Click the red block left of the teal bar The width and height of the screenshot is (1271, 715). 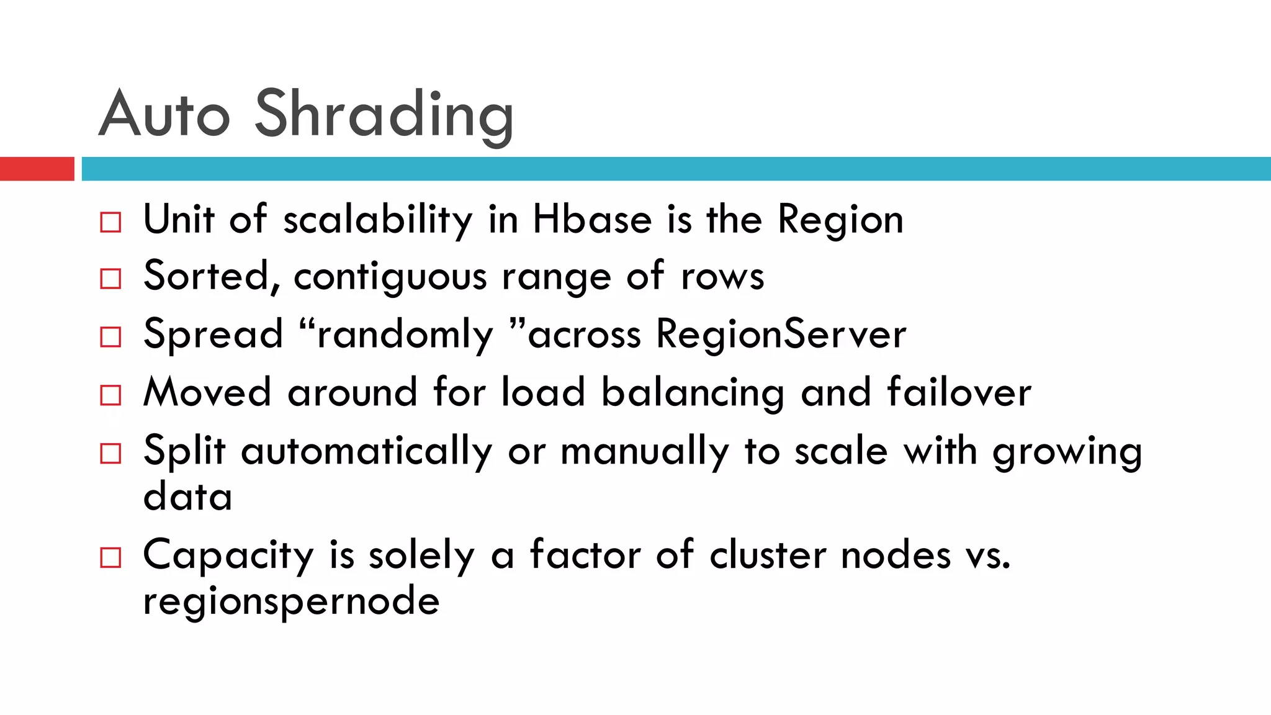pyautogui.click(x=37, y=169)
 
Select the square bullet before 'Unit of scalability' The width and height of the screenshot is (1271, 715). pyautogui.click(x=110, y=222)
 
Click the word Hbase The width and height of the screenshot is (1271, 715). pyautogui.click(x=592, y=220)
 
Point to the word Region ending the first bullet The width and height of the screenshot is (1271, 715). pyautogui.click(x=840, y=221)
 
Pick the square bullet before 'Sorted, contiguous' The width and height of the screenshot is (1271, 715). pyautogui.click(x=110, y=279)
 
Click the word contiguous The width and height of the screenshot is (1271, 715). pyautogui.click(x=390, y=277)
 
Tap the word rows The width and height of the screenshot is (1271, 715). pyautogui.click(x=722, y=277)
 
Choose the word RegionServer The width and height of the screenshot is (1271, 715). pyautogui.click(x=781, y=335)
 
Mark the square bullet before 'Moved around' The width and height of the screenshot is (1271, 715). pyautogui.click(x=110, y=395)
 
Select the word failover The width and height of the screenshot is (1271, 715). pyautogui.click(x=959, y=392)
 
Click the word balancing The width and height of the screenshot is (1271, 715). pyautogui.click(x=693, y=393)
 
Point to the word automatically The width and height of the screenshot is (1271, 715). pyautogui.click(x=366, y=452)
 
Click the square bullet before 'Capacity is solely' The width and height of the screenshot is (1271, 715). pyautogui.click(x=110, y=557)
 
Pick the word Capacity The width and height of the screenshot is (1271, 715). pyautogui.click(x=228, y=555)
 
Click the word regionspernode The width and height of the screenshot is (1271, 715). pyautogui.click(x=291, y=602)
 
